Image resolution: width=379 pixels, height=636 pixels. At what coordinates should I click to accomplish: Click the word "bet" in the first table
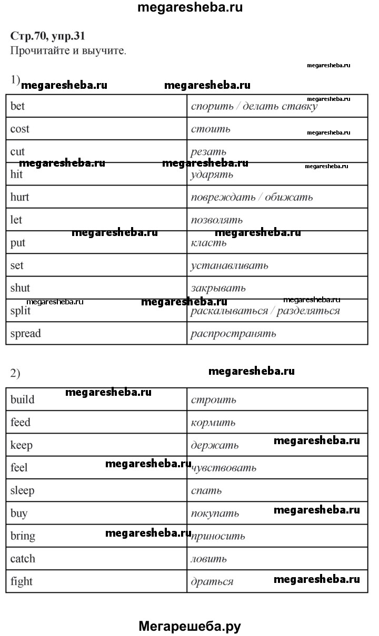point(17,106)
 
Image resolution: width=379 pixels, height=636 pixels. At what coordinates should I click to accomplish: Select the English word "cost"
point(19,129)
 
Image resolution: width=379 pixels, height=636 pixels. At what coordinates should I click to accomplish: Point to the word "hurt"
point(19,197)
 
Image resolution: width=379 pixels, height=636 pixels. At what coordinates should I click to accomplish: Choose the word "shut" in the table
point(20,288)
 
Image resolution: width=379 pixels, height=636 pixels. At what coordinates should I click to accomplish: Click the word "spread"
point(25,333)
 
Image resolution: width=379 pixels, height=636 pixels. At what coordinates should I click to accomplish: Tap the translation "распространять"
point(233,334)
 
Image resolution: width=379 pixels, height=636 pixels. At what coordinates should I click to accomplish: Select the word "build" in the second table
point(22,399)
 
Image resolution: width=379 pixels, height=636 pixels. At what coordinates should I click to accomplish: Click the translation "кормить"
point(213,423)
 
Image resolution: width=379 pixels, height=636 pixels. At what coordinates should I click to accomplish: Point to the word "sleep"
point(22,490)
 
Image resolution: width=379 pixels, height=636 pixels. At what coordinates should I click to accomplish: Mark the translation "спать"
point(206,491)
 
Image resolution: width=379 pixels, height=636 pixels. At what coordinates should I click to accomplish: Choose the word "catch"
point(23,559)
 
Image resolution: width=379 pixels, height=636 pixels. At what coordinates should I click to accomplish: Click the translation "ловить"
point(208,559)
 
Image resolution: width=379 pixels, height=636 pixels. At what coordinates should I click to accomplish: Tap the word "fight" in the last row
point(21,581)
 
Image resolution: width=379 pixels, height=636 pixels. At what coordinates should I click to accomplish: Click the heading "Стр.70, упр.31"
point(47,36)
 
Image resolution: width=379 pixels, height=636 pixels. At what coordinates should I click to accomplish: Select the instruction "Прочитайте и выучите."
point(68,51)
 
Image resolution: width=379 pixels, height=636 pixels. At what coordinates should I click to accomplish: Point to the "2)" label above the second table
point(15,373)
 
